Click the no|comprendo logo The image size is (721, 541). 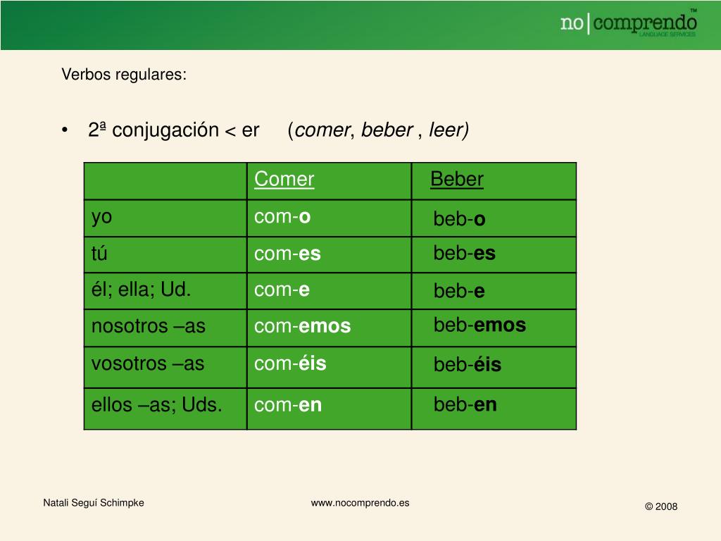[629, 23]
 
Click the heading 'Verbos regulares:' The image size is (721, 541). [124, 75]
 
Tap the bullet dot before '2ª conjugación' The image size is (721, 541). [65, 130]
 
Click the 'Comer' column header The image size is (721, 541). [284, 179]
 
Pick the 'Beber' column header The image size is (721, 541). [457, 179]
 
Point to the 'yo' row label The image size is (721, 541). [101, 218]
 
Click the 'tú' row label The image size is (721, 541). [99, 253]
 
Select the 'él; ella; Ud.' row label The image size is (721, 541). [141, 290]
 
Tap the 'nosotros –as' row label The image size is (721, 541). [148, 326]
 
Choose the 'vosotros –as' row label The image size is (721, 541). [148, 364]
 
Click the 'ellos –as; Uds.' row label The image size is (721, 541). [156, 405]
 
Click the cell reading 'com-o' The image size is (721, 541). [282, 217]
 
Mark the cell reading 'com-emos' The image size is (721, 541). [303, 326]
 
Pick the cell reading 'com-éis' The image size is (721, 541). [290, 363]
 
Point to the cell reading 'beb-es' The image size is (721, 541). [465, 253]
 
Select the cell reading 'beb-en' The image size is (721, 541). [465, 404]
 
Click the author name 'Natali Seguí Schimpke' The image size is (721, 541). [94, 503]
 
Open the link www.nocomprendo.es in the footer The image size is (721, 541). [360, 503]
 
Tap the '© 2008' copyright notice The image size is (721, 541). [661, 506]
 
